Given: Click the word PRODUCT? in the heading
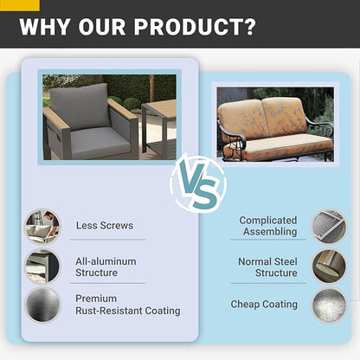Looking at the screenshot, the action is (x=195, y=27).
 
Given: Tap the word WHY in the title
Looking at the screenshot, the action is (x=45, y=27).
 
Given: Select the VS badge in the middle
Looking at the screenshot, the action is (x=198, y=183).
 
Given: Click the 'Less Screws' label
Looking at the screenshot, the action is (x=105, y=225).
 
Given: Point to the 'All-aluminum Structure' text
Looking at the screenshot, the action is (x=106, y=267).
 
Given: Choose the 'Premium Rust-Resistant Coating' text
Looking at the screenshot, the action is (x=128, y=305).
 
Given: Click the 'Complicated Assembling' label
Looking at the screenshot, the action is (x=268, y=226).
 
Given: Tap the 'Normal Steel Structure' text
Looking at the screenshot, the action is (x=267, y=267).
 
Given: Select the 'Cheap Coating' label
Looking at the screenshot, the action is (x=264, y=304).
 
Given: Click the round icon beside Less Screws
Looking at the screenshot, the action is (x=42, y=227).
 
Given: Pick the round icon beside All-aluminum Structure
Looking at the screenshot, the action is (x=42, y=267).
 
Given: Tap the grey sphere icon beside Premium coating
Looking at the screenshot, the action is (x=42, y=305).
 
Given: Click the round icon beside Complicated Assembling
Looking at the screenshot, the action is (x=329, y=227).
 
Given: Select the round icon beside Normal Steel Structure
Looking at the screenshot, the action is (x=329, y=267).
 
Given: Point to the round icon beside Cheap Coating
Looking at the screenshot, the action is (x=329, y=305).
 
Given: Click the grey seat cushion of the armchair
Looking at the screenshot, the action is (x=100, y=142).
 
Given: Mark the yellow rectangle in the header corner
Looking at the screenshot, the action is (x=20, y=5).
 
